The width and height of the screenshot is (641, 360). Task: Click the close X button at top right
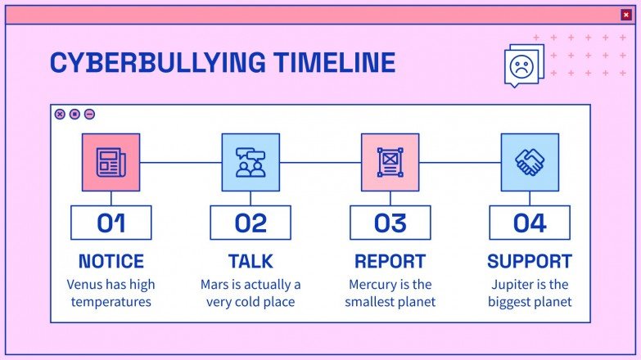tap(626, 14)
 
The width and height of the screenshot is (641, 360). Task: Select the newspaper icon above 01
tap(111, 162)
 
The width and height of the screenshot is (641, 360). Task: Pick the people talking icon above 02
tap(251, 162)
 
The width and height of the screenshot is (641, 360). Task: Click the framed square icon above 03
tap(390, 162)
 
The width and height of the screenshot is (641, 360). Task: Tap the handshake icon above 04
tap(530, 162)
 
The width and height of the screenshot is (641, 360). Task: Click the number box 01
tap(111, 223)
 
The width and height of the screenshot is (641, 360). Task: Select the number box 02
tap(251, 223)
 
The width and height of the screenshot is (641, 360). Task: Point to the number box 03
tap(390, 223)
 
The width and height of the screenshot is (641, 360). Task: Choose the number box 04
tap(530, 223)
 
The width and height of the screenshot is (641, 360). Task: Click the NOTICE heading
tap(111, 262)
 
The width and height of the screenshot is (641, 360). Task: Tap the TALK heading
tap(251, 262)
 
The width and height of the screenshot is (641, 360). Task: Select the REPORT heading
tap(390, 262)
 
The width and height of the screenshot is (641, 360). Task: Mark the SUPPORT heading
tap(530, 262)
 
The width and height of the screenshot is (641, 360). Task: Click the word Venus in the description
tap(85, 285)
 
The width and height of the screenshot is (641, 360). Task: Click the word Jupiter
tap(514, 285)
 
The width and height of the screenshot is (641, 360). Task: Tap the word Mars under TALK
tap(216, 285)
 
